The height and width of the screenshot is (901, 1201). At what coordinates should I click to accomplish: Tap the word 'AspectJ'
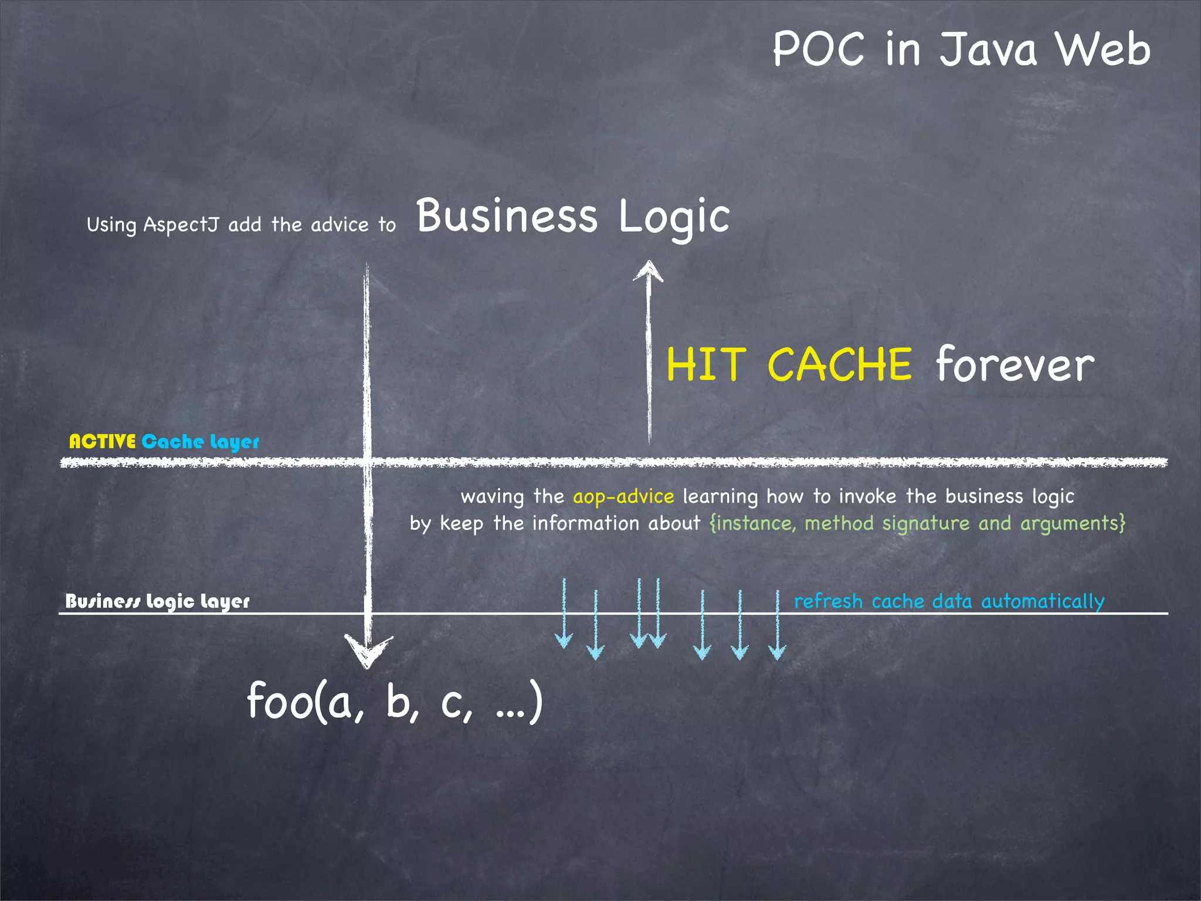(181, 225)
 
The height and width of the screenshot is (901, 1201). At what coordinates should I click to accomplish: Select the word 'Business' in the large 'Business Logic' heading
(507, 216)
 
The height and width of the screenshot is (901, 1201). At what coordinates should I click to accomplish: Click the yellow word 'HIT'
(706, 365)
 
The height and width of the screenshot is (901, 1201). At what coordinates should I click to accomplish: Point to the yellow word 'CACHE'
(839, 365)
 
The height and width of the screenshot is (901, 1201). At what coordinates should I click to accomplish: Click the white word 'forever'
(1015, 365)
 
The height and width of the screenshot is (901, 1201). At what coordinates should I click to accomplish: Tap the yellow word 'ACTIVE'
(103, 441)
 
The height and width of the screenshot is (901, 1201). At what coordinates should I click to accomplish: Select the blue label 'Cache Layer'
(200, 442)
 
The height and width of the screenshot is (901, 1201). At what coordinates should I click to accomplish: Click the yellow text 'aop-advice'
(623, 497)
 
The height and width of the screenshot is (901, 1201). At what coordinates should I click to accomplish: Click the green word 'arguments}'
(1073, 523)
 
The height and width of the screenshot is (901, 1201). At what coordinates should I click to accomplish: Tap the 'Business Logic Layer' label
(157, 601)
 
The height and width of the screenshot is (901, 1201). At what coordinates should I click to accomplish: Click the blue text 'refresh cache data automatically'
(949, 601)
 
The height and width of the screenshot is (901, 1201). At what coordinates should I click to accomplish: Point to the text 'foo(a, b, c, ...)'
(395, 702)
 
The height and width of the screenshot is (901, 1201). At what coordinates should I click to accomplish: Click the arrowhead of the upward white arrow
(648, 271)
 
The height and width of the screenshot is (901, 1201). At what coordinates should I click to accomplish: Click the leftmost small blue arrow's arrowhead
(564, 641)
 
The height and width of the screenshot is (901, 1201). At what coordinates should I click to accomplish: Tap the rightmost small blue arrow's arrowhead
(777, 652)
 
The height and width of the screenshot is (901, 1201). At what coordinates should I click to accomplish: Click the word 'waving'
(492, 497)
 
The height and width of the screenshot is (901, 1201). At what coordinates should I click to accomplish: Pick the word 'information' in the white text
(586, 523)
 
